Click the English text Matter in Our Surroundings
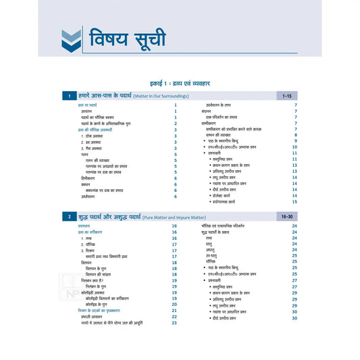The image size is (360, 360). (167, 97)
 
